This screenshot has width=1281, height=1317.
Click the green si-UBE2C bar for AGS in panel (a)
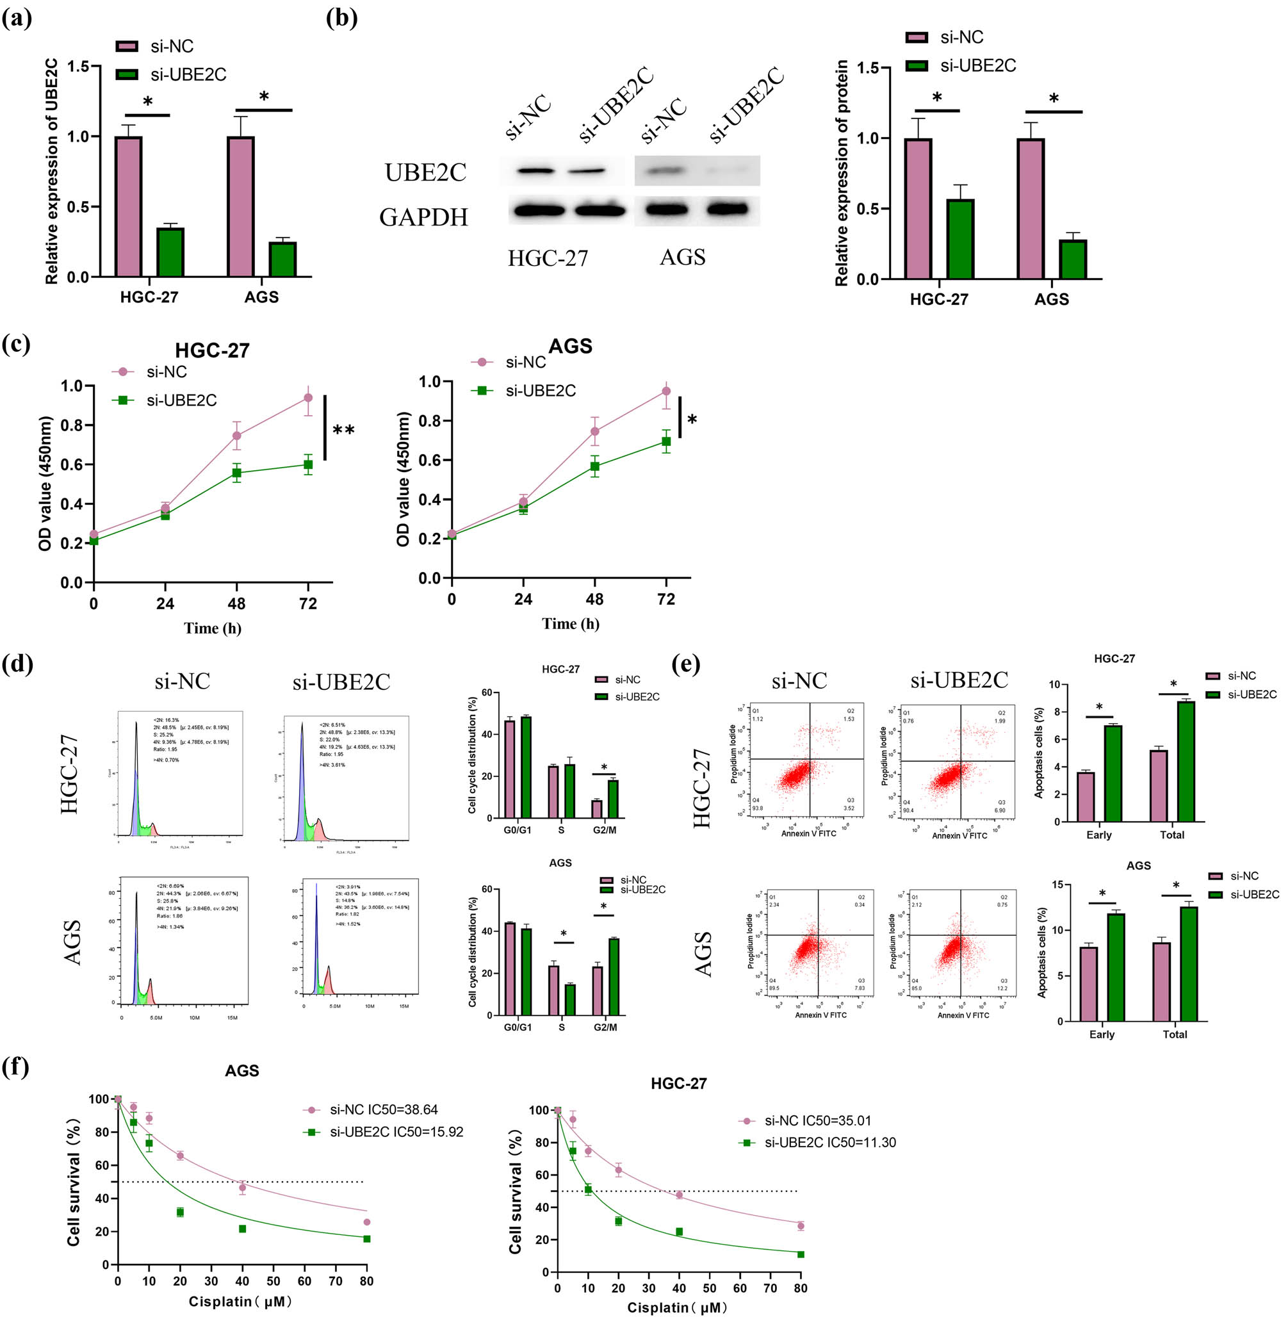282,259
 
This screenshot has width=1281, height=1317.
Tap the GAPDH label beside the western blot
423,217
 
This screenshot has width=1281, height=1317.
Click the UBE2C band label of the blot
425,173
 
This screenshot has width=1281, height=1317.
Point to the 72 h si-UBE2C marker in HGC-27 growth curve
308,464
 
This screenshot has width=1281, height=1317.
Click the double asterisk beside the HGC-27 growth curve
344,430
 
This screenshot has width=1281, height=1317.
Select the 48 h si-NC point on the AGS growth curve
595,431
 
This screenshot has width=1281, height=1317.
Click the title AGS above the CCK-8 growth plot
571,346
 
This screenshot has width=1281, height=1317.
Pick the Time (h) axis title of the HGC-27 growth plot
213,628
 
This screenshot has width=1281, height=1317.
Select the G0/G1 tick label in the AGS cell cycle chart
518,1027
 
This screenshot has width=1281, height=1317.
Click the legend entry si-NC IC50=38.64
384,1109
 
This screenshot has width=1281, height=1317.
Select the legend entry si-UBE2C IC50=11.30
829,1143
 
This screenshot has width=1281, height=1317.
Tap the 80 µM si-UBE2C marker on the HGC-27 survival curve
801,1254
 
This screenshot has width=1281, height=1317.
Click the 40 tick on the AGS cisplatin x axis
242,1280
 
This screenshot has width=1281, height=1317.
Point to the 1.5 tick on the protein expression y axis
868,68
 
